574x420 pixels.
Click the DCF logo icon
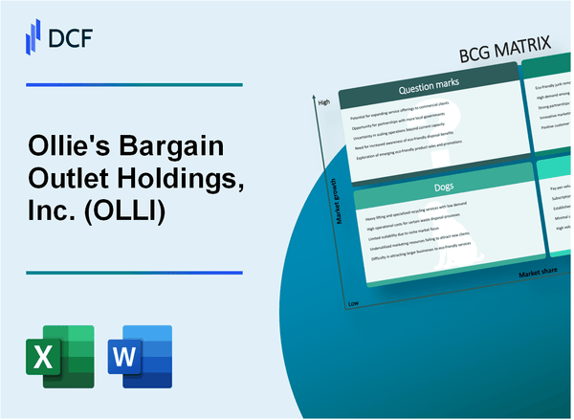33,36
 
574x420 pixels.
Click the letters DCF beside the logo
74,37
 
